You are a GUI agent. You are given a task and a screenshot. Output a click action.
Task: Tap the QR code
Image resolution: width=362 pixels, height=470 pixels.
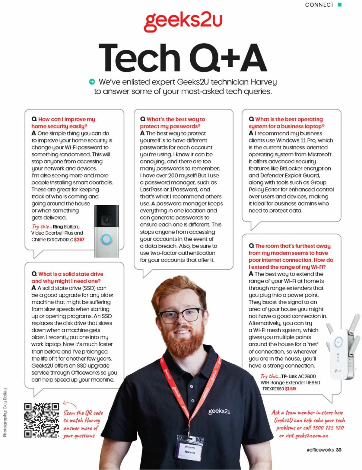[x=42, y=420]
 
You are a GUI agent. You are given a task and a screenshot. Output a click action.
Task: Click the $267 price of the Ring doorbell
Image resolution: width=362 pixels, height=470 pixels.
[x=79, y=239]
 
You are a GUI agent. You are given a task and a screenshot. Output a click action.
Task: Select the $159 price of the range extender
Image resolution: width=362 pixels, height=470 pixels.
[x=290, y=389]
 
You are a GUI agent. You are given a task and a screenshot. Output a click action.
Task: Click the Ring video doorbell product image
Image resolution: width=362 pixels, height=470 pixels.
[x=106, y=231]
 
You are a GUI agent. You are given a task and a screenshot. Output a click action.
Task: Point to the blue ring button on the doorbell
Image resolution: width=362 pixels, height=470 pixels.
[x=106, y=239]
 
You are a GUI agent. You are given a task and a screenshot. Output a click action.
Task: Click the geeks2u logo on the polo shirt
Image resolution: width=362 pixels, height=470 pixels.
[x=219, y=411]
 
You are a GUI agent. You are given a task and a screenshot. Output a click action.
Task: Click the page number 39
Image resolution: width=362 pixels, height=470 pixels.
[x=339, y=450]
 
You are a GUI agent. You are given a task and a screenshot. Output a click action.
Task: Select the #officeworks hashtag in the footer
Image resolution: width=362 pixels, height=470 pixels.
[x=320, y=450]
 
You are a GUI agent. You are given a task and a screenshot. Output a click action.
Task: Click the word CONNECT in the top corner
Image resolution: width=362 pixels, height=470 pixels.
[x=319, y=5]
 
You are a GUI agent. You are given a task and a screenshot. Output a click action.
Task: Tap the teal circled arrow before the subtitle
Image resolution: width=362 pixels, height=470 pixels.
[x=92, y=82]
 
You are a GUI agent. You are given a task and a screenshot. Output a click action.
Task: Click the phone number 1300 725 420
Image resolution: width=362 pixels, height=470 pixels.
[x=328, y=428]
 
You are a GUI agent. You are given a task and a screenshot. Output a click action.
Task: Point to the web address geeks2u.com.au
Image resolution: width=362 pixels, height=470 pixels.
[x=312, y=436]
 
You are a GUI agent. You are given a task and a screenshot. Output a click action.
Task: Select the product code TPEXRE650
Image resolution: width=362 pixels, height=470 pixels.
[x=273, y=389]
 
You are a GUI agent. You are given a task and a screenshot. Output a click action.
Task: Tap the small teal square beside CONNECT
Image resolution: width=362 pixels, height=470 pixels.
[x=340, y=5]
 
